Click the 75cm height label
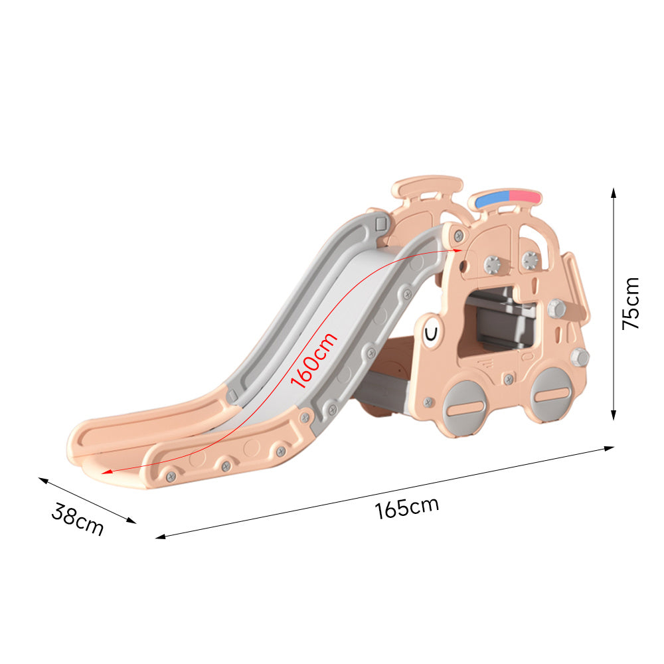coord(630,303)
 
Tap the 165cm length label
coord(406,508)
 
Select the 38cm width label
coord(78,520)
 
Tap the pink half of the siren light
coord(525,197)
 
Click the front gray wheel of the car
coord(465,407)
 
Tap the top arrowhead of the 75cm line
coord(614,192)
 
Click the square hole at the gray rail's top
coord(380,222)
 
